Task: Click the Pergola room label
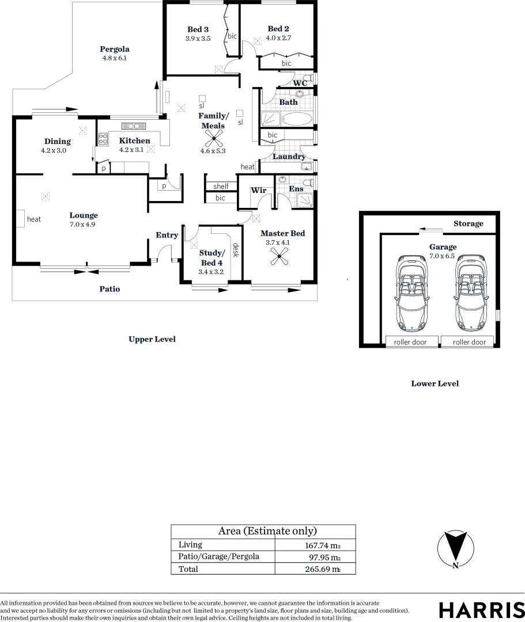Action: [x=114, y=49]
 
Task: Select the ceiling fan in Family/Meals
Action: [x=214, y=138]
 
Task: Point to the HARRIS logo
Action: [x=478, y=610]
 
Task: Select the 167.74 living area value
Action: [x=320, y=545]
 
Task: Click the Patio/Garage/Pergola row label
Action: [x=218, y=556]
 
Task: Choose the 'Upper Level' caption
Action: [x=152, y=339]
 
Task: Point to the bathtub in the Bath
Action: [x=297, y=119]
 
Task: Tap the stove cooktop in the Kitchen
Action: [x=104, y=138]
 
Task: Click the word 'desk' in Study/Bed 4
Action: [x=235, y=250]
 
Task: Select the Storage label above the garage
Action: [x=468, y=223]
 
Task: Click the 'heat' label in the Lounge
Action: [x=33, y=219]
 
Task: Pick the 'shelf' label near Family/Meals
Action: [x=221, y=186]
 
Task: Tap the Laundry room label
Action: [x=289, y=157]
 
